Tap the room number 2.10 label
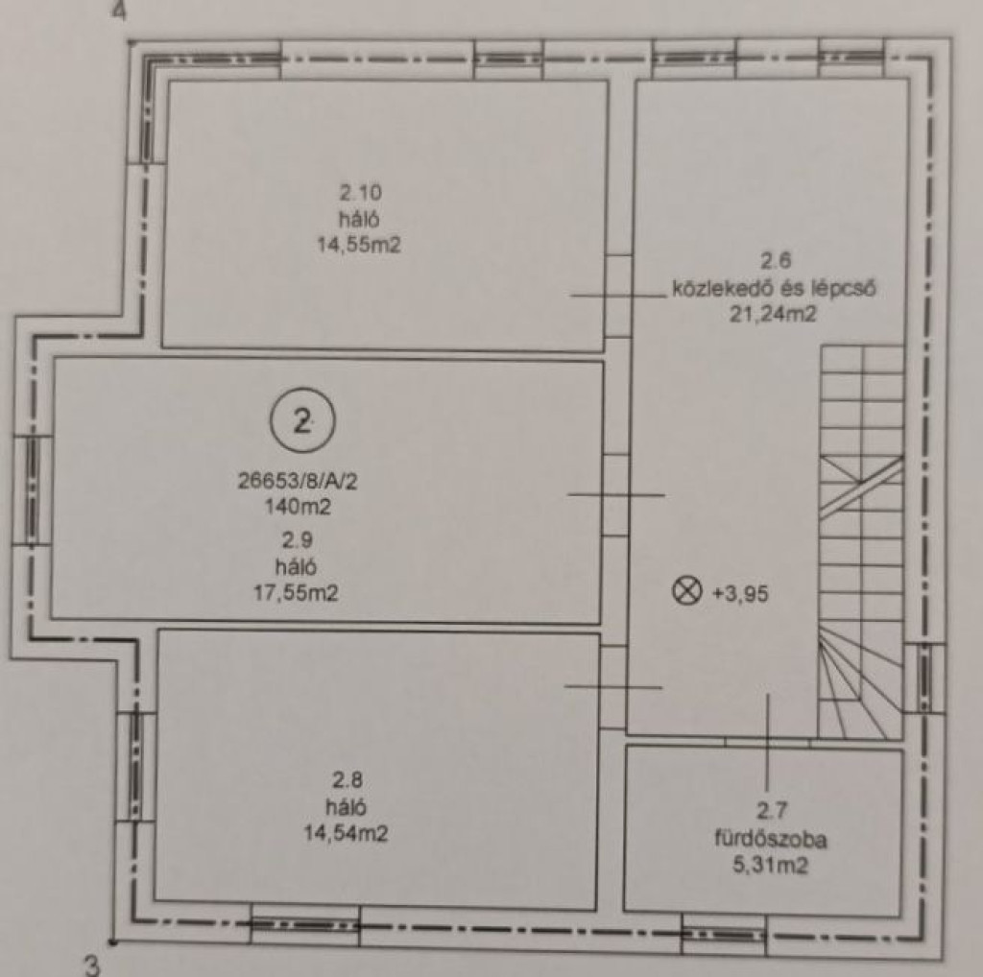pyautogui.click(x=361, y=192)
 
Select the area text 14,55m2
pyautogui.click(x=359, y=245)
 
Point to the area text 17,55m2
pyautogui.click(x=296, y=592)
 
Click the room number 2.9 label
pyautogui.click(x=298, y=539)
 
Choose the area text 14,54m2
pyautogui.click(x=346, y=833)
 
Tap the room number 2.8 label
pyautogui.click(x=348, y=780)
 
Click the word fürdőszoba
pyautogui.click(x=771, y=839)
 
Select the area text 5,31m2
pyautogui.click(x=771, y=866)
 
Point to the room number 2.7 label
pyautogui.click(x=771, y=811)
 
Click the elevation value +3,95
pyautogui.click(x=740, y=593)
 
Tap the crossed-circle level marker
pyautogui.click(x=686, y=591)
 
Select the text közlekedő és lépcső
pyautogui.click(x=775, y=288)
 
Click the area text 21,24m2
pyautogui.click(x=773, y=313)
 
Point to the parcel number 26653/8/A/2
pyautogui.click(x=298, y=481)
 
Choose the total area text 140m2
pyautogui.click(x=298, y=507)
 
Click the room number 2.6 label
pyautogui.click(x=776, y=260)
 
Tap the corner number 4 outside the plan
pyautogui.click(x=120, y=11)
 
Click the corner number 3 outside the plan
pyautogui.click(x=92, y=965)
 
